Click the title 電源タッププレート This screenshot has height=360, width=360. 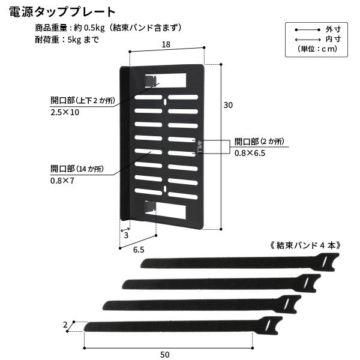(x=62, y=12)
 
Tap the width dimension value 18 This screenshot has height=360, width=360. (x=166, y=44)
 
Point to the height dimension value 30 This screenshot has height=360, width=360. (x=228, y=105)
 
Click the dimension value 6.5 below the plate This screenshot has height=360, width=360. (x=139, y=250)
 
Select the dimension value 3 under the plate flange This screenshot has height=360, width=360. (x=126, y=235)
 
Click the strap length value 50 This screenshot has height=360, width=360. (x=165, y=355)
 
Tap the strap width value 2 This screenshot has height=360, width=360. (x=65, y=325)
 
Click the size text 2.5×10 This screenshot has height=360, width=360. (x=65, y=112)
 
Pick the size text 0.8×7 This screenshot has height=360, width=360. (x=62, y=181)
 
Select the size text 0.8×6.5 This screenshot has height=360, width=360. (x=250, y=153)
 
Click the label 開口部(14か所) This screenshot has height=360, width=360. (x=77, y=169)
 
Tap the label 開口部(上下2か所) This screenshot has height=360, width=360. (x=83, y=100)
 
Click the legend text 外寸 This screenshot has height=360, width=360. (x=333, y=29)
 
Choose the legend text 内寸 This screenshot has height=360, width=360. (x=333, y=39)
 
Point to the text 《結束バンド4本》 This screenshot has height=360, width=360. (x=305, y=245)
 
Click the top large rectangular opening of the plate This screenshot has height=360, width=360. (x=166, y=80)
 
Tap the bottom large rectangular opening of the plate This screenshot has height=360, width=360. (x=166, y=210)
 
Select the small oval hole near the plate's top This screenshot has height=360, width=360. (x=165, y=102)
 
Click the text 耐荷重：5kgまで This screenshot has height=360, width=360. (x=67, y=40)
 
